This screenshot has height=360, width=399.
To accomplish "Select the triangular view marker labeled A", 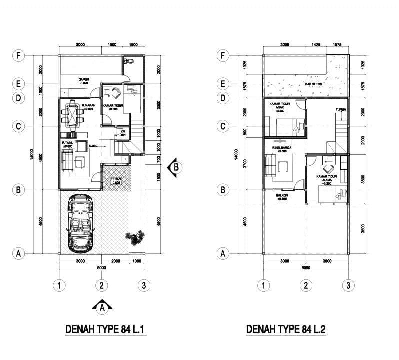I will click(102, 307).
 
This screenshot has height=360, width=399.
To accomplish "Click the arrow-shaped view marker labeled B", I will click(174, 167).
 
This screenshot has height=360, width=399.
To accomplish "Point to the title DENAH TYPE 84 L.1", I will click(105, 330).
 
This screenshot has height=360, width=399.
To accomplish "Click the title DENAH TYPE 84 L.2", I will click(286, 330).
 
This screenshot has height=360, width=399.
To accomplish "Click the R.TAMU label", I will click(68, 143).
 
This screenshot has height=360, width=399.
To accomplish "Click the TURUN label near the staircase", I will click(341, 110).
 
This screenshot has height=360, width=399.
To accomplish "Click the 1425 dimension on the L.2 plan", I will click(316, 45).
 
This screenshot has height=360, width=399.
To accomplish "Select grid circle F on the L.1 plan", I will click(18, 55).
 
